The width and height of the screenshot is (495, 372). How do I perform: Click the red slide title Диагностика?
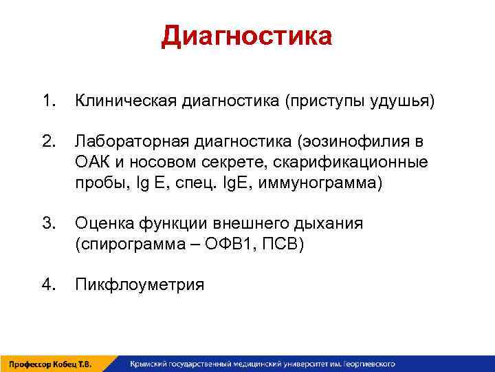point(247,36)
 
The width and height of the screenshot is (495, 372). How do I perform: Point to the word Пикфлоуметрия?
point(140,284)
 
